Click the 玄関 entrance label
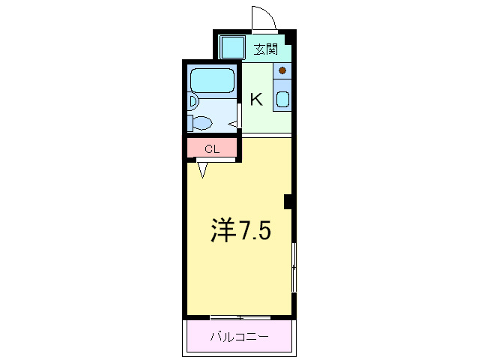pos(266,49)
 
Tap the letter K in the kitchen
pos(256,99)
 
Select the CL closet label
pos(212,149)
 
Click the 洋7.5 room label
pos(240,229)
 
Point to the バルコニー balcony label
pos(240,337)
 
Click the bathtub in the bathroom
pos(212,80)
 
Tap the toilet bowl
pos(203,123)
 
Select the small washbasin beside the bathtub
pos(193,101)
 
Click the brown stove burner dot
pos(282,70)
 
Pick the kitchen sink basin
pos(282,100)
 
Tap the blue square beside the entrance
pos(232,47)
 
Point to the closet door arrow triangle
pos(202,170)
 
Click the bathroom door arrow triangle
pos(233,124)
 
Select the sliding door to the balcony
pos(240,317)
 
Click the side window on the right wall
pos(294,267)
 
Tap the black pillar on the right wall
pos(288,202)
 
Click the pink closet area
pos(212,148)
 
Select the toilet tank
pos(190,123)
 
